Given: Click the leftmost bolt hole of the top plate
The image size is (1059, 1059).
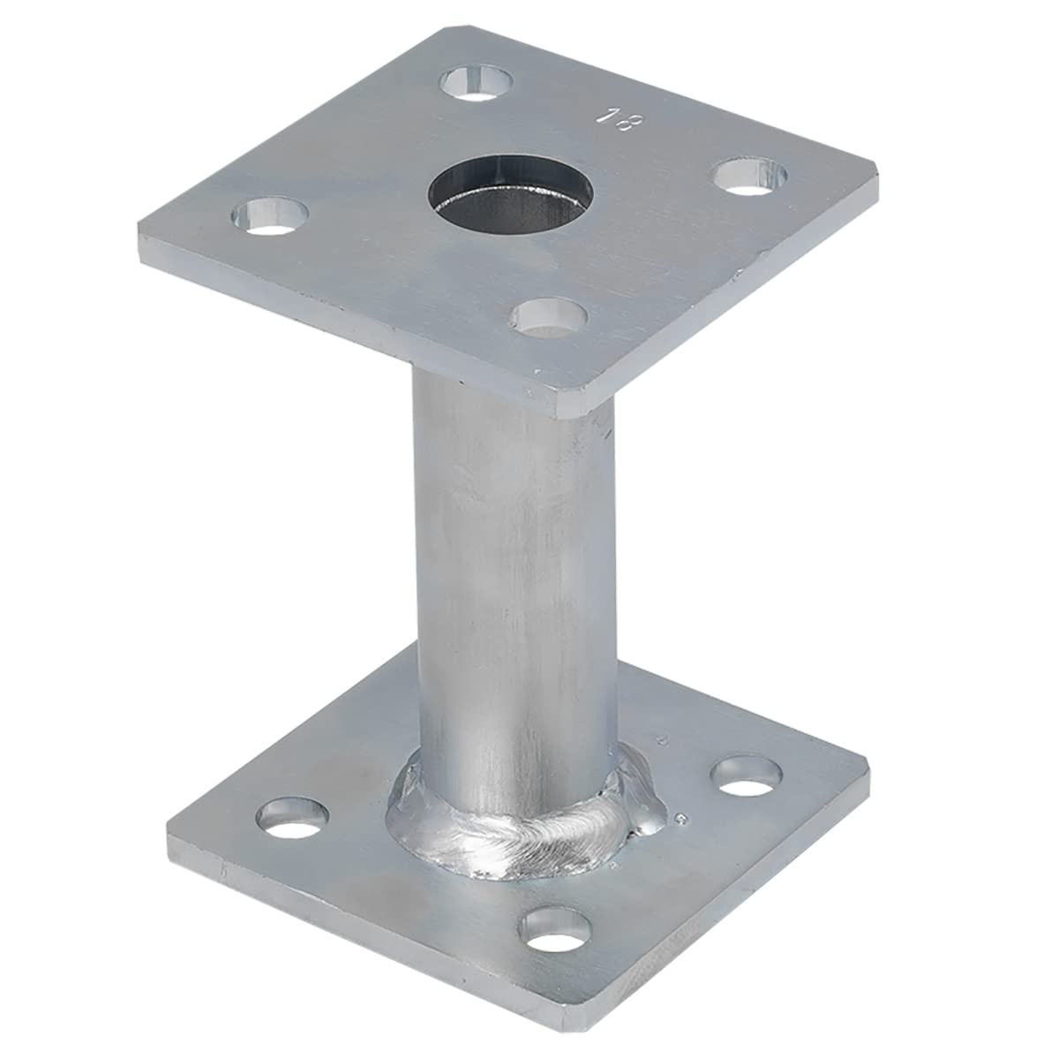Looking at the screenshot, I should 271,215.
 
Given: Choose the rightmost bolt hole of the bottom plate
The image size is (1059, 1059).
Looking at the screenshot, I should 748,775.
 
